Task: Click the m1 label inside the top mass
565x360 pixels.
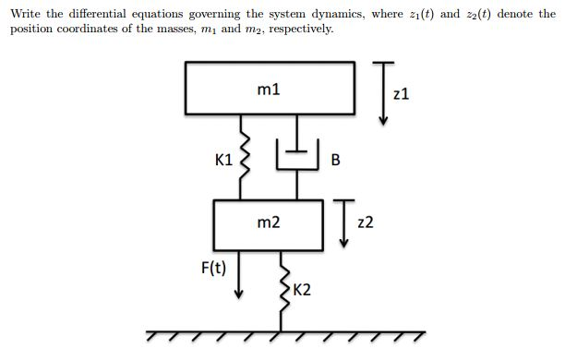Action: pos(270,90)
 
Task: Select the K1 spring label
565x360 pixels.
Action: pos(222,159)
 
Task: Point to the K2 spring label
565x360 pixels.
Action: pos(301,289)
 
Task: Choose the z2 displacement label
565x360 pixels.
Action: pos(365,222)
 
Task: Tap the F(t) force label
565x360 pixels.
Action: pos(215,269)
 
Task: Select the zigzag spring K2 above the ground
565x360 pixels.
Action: pos(282,286)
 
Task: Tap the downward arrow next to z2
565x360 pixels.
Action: pos(343,222)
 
